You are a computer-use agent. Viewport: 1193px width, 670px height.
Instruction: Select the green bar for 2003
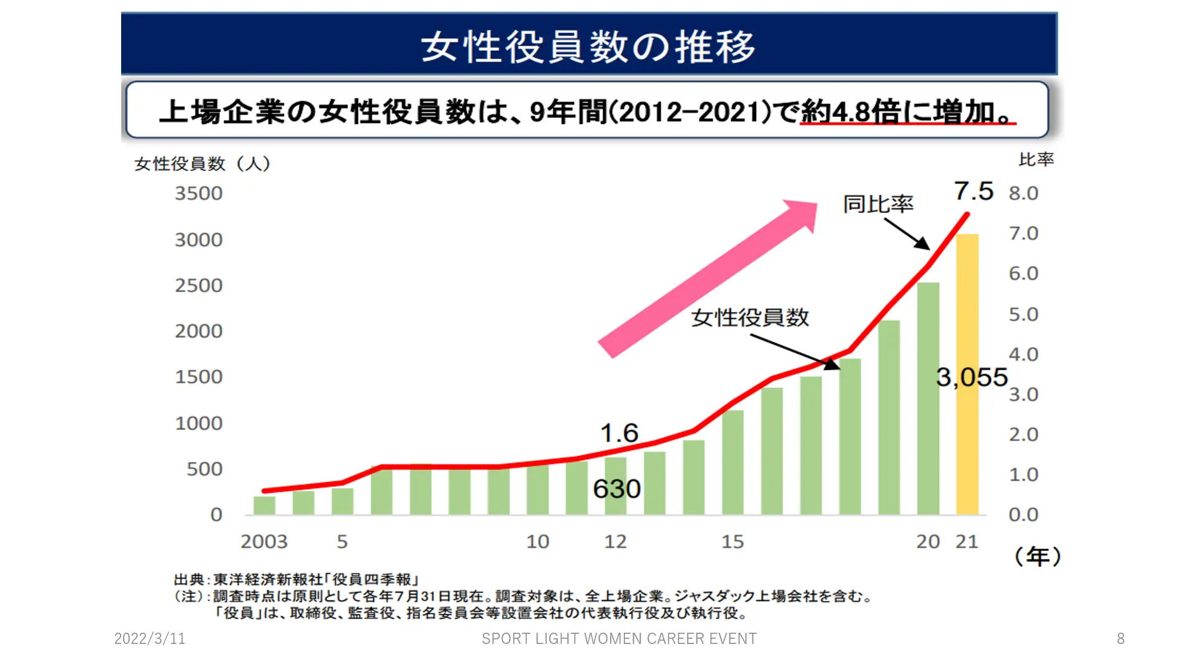264,505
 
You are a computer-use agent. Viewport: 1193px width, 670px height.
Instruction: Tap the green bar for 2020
928,398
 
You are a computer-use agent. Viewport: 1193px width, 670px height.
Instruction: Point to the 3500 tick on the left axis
198,193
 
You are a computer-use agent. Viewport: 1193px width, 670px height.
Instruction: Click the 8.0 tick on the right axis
1023,193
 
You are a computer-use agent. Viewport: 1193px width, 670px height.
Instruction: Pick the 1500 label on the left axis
198,377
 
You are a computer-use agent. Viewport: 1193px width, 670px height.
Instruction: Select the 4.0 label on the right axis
1023,355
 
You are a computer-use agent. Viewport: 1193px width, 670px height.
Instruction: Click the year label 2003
264,541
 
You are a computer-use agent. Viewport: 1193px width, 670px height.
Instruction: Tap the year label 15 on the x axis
733,541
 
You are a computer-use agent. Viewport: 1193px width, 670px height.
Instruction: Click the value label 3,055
972,377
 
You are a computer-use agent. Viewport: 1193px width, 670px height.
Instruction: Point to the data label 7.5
974,191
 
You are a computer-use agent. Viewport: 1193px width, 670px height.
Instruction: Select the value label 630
616,489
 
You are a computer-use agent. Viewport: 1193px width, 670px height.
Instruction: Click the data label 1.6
619,433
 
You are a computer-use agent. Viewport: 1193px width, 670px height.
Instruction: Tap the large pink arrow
708,278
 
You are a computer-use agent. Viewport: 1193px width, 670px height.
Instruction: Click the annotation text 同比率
878,204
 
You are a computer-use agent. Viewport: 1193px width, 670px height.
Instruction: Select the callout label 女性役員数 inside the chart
750,317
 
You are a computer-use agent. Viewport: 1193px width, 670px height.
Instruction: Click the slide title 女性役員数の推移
588,47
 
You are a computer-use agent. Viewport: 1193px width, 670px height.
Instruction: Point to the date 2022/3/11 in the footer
150,638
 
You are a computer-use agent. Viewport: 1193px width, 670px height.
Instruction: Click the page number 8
1120,638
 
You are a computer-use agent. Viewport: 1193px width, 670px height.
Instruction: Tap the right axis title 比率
1036,160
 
